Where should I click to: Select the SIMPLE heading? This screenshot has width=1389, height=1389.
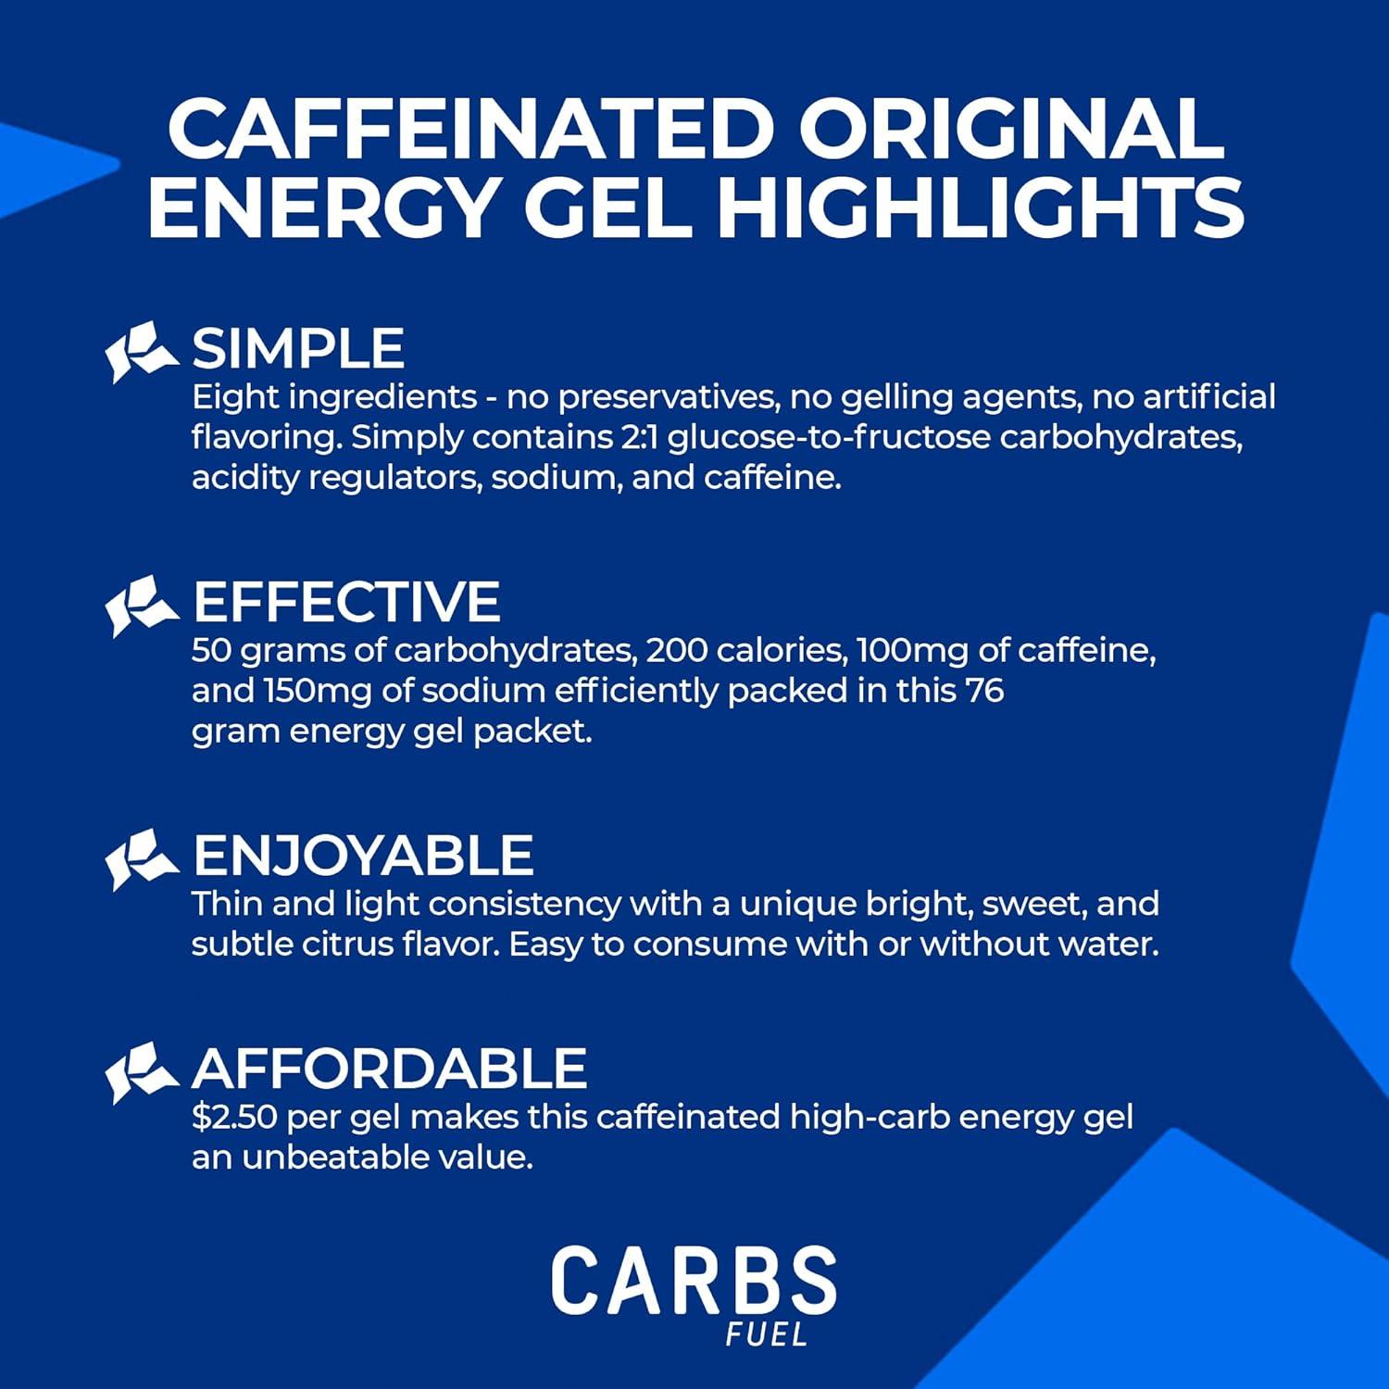[297, 349]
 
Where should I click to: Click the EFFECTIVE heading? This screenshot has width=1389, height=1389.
[346, 602]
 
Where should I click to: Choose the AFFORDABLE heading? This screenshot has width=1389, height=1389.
[389, 1069]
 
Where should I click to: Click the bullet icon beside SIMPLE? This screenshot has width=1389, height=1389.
[141, 351]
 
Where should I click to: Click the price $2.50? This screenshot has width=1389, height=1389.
[234, 1118]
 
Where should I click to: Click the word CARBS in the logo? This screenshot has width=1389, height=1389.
[694, 1282]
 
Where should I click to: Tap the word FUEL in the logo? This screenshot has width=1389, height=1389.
[767, 1335]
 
